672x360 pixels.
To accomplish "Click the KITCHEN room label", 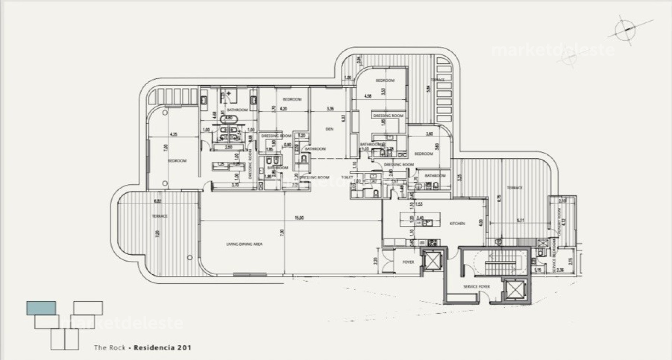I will tap(457, 223).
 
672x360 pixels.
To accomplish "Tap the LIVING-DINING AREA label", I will tap(244, 244).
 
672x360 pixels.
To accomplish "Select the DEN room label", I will tap(329, 129).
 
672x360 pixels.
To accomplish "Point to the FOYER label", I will tap(408, 262).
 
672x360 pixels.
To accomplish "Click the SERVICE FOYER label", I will tap(476, 287).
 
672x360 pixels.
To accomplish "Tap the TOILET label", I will tap(346, 177).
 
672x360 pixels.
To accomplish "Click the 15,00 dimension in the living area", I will tap(299, 218).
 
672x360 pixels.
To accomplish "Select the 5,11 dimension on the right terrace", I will tap(520, 220).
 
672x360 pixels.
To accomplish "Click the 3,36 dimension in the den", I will tap(330, 109).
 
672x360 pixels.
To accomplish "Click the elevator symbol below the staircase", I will tap(513, 290).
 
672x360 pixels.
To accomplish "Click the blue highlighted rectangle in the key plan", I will tap(41, 308).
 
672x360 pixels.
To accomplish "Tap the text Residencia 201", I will tap(163, 348).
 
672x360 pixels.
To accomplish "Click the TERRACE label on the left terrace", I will tap(160, 216).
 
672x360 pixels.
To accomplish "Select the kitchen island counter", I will tap(416, 222).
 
